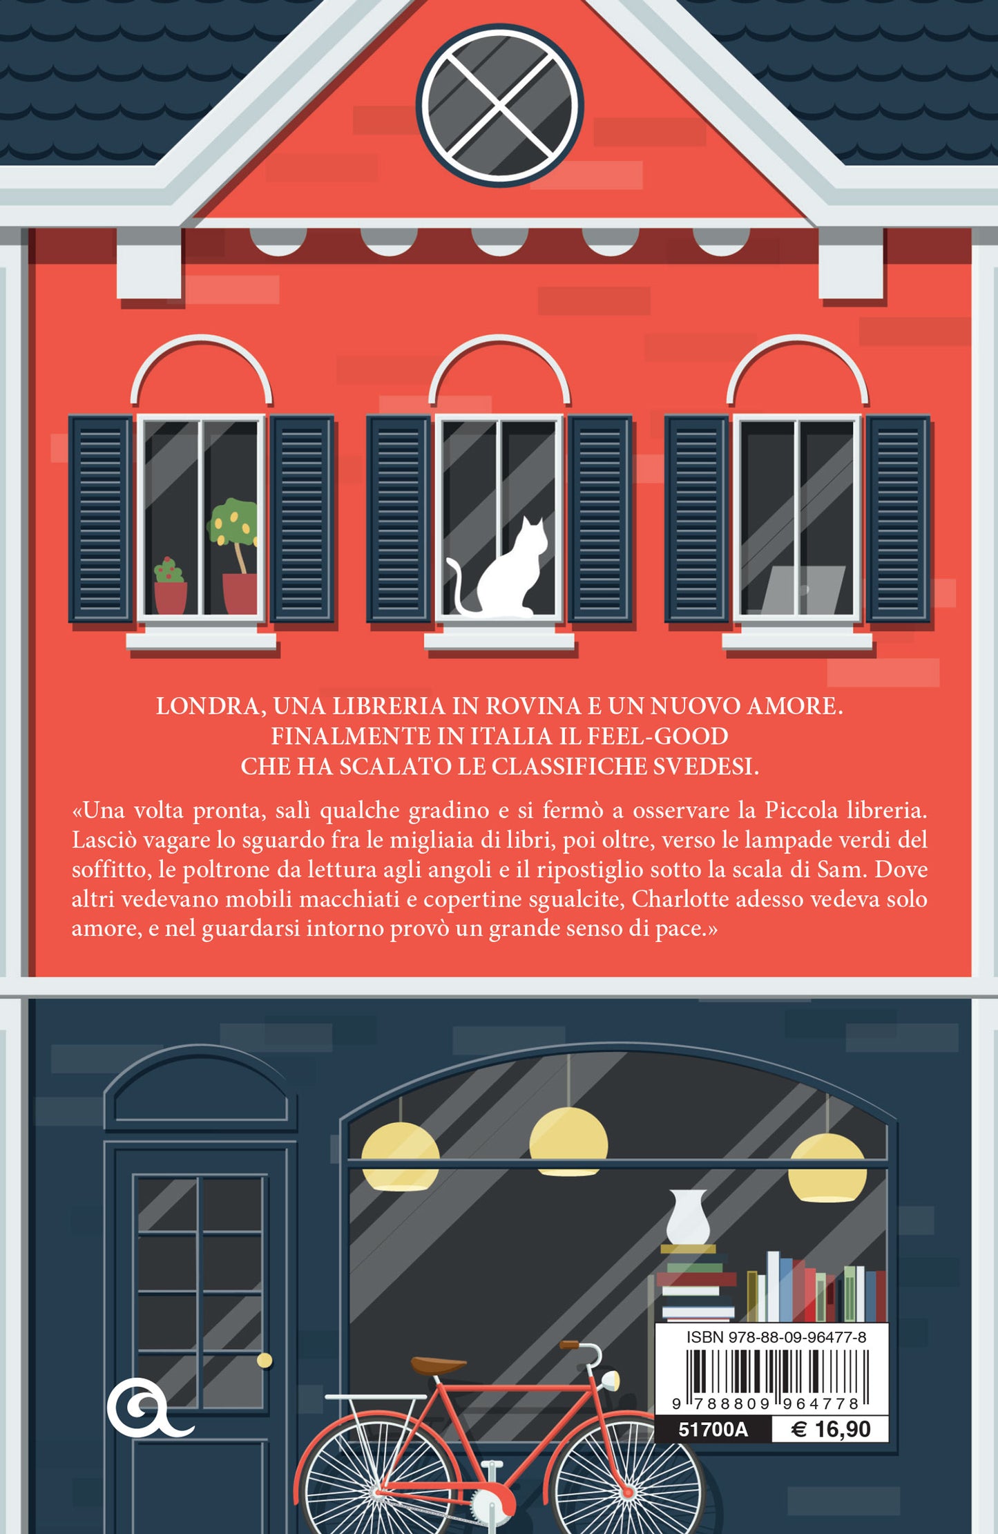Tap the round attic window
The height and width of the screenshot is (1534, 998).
[x=499, y=105]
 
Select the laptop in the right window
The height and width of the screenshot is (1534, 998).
[x=803, y=589]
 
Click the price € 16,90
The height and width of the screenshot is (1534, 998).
[x=830, y=1429]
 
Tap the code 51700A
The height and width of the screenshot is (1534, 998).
[x=713, y=1429]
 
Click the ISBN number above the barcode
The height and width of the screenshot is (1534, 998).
[x=776, y=1337]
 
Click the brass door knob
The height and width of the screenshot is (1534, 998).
[x=264, y=1361]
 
